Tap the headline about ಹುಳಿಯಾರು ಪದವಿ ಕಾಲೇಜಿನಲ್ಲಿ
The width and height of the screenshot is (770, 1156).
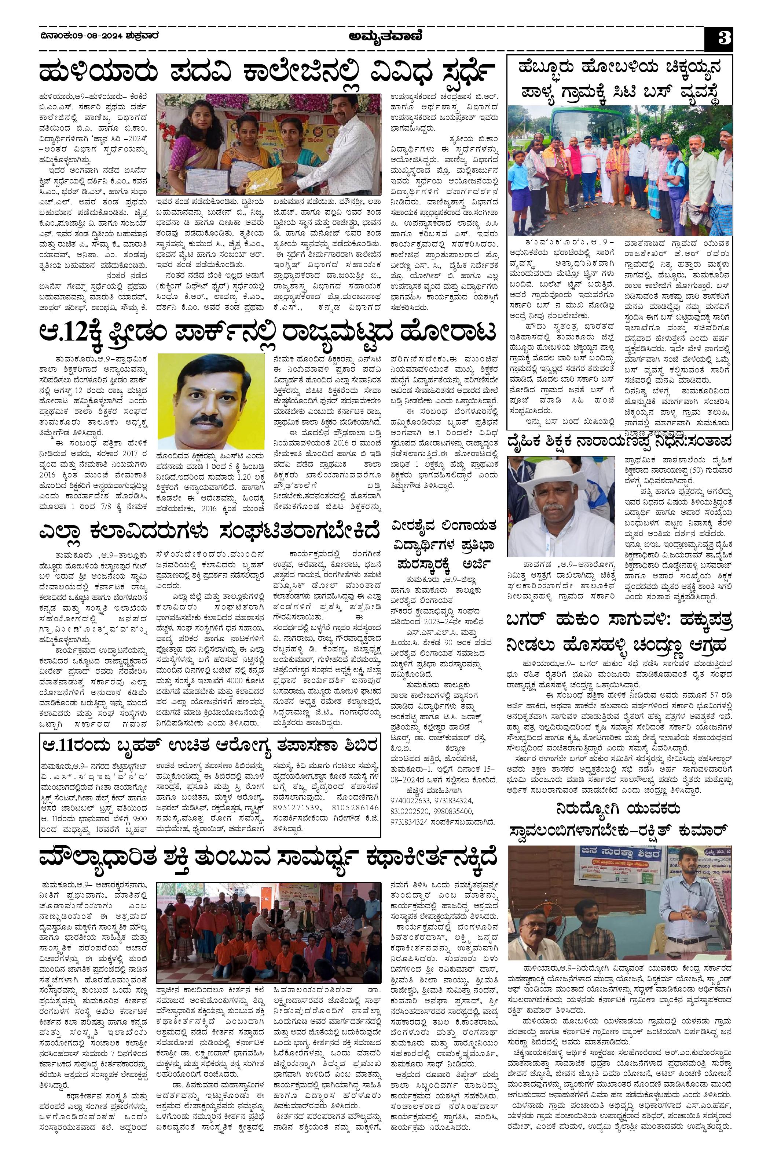[265, 74]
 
